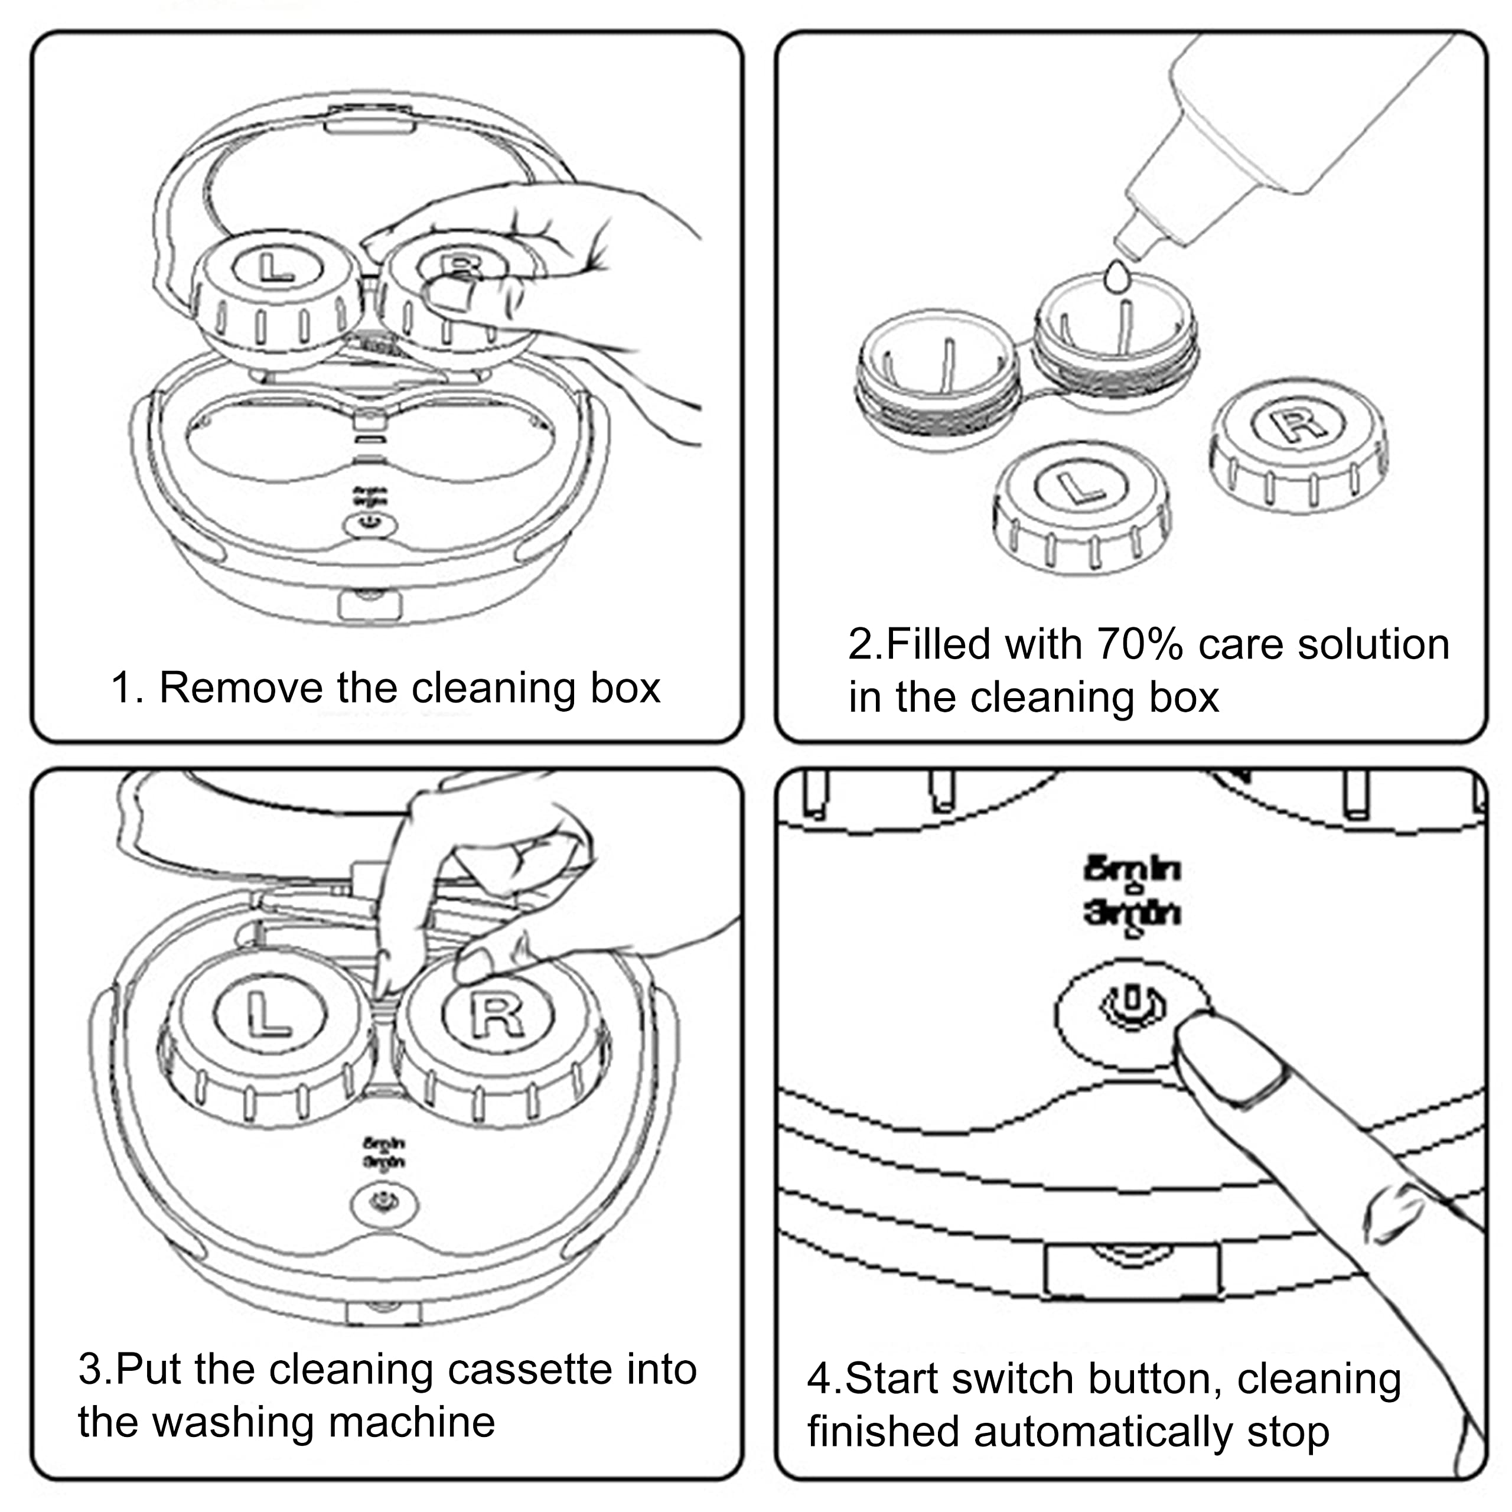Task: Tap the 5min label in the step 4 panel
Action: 1132,869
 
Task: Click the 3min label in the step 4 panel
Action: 1132,913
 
